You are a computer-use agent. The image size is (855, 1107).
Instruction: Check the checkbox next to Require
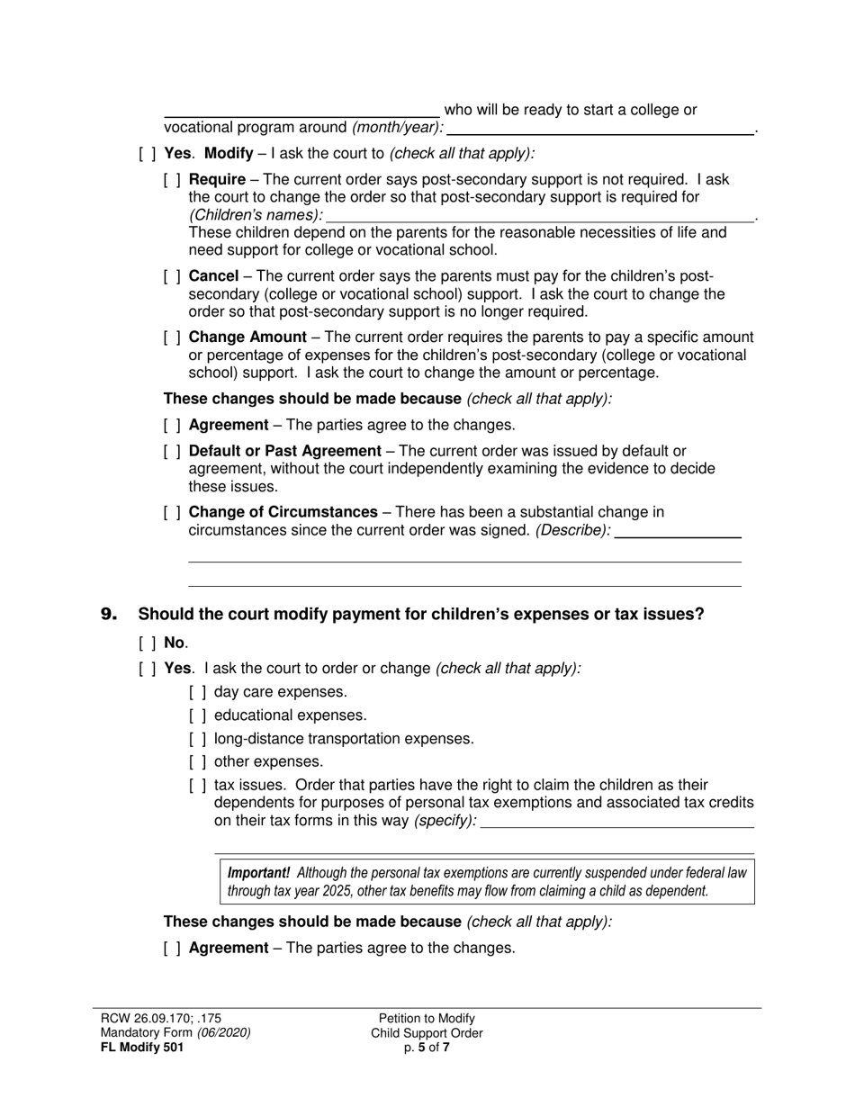pyautogui.click(x=173, y=180)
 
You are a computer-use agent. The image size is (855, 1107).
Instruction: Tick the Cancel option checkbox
pyautogui.click(x=173, y=276)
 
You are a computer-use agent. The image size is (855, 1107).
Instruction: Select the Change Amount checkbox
pyautogui.click(x=173, y=337)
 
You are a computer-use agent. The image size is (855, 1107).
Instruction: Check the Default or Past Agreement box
pyautogui.click(x=173, y=451)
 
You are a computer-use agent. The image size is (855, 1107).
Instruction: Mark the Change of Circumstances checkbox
pyautogui.click(x=173, y=512)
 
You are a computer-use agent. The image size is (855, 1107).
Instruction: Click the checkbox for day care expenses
pyautogui.click(x=198, y=692)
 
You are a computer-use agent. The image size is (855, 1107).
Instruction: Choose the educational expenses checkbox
pyautogui.click(x=198, y=715)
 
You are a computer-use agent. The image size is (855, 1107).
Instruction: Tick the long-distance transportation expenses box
pyautogui.click(x=198, y=739)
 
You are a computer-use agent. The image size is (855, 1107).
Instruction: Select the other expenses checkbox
pyautogui.click(x=198, y=762)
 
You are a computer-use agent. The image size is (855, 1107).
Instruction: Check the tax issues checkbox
pyautogui.click(x=198, y=786)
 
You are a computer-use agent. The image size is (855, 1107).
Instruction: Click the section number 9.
pyautogui.click(x=109, y=615)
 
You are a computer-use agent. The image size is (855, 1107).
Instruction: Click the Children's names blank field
pyautogui.click(x=540, y=215)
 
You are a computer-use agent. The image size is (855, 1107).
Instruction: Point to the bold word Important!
pyautogui.click(x=259, y=873)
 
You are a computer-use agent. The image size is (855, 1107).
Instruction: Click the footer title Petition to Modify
pyautogui.click(x=427, y=1019)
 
